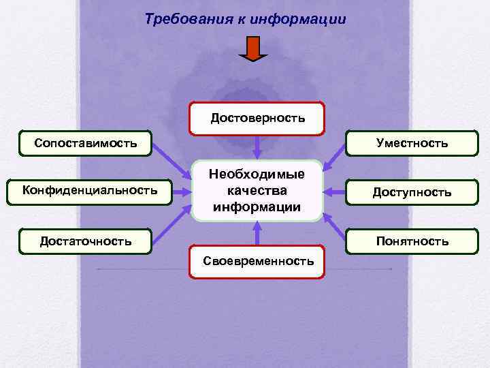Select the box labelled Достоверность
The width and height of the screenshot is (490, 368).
coord(257,119)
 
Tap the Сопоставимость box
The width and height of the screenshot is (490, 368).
coord(86,142)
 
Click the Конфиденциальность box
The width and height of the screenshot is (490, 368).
coord(90,190)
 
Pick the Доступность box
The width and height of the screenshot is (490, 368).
coord(411,192)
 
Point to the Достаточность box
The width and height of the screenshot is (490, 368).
coord(86,241)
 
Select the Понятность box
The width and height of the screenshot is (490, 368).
coord(411,241)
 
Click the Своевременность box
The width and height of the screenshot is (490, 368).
coord(257,261)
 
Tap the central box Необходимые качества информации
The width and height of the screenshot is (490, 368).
coord(257,191)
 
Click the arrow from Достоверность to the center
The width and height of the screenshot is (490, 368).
coord(257,147)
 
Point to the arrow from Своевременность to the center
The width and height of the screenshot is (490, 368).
coord(257,233)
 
